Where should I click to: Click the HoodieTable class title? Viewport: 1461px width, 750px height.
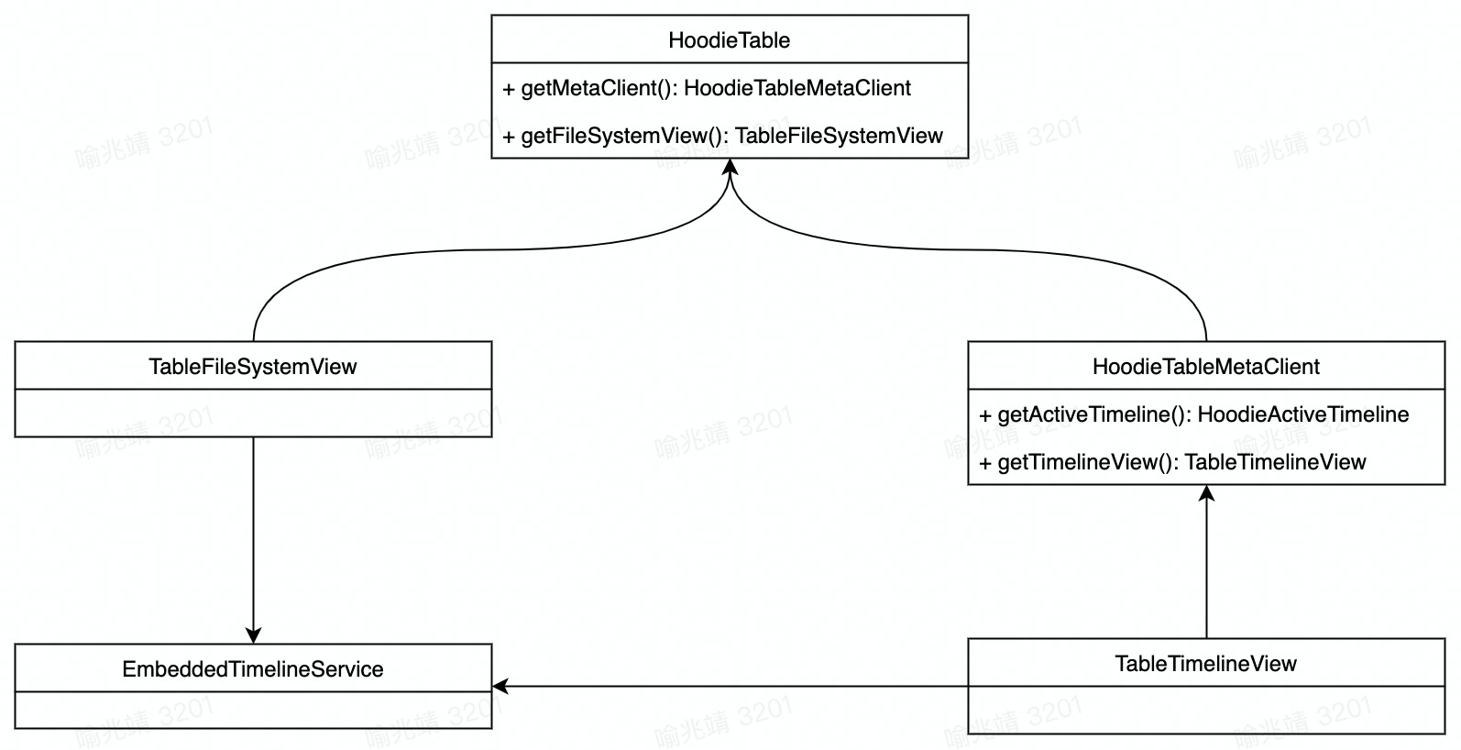(x=730, y=40)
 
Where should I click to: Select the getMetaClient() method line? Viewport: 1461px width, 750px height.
(x=707, y=88)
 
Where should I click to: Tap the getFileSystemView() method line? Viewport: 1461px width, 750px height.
(x=722, y=136)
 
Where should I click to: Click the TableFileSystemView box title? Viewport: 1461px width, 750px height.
(x=253, y=367)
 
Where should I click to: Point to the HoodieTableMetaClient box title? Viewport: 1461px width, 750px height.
(x=1206, y=367)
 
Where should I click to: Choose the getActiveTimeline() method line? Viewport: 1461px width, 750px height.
(x=1193, y=414)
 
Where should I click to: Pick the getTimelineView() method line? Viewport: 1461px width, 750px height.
(x=1172, y=462)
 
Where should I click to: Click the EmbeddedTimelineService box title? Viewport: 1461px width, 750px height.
(x=253, y=669)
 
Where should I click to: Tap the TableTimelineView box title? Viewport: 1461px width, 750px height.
(x=1206, y=664)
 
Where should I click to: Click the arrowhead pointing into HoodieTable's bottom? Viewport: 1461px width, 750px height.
(x=730, y=167)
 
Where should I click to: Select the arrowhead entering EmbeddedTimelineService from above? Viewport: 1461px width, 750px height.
(x=254, y=635)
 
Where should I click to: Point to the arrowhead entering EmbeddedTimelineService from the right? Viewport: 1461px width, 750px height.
(x=500, y=686)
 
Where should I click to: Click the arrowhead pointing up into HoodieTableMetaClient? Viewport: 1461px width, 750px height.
(x=1207, y=493)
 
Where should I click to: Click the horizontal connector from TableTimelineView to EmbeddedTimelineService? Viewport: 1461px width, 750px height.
(x=733, y=686)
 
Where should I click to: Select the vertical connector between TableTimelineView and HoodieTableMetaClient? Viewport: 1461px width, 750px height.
(x=1207, y=568)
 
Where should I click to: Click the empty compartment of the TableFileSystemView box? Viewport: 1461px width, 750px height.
(x=253, y=414)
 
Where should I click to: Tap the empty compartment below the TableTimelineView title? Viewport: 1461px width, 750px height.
(x=1206, y=710)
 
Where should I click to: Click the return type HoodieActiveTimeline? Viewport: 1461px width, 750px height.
(x=1303, y=414)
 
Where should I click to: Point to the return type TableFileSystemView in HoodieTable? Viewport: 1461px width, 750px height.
(x=839, y=136)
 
